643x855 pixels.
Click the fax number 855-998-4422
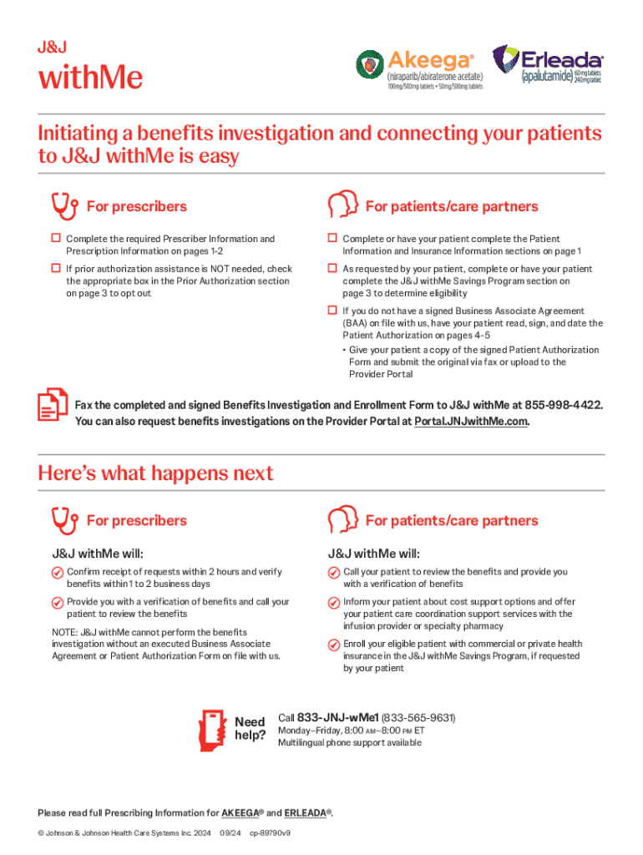coord(562,405)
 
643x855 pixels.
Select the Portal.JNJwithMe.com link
coord(471,422)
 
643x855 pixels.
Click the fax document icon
coord(53,405)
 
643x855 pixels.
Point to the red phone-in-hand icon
coord(213,729)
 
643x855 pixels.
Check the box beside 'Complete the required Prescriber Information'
coord(56,239)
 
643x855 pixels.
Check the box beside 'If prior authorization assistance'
coord(56,269)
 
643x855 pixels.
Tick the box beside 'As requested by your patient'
coord(332,269)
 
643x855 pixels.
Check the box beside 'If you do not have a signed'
coord(332,311)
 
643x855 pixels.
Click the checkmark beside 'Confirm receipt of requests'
coord(57,573)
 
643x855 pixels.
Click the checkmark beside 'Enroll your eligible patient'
coord(333,645)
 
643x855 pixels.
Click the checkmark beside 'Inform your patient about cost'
coord(333,603)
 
